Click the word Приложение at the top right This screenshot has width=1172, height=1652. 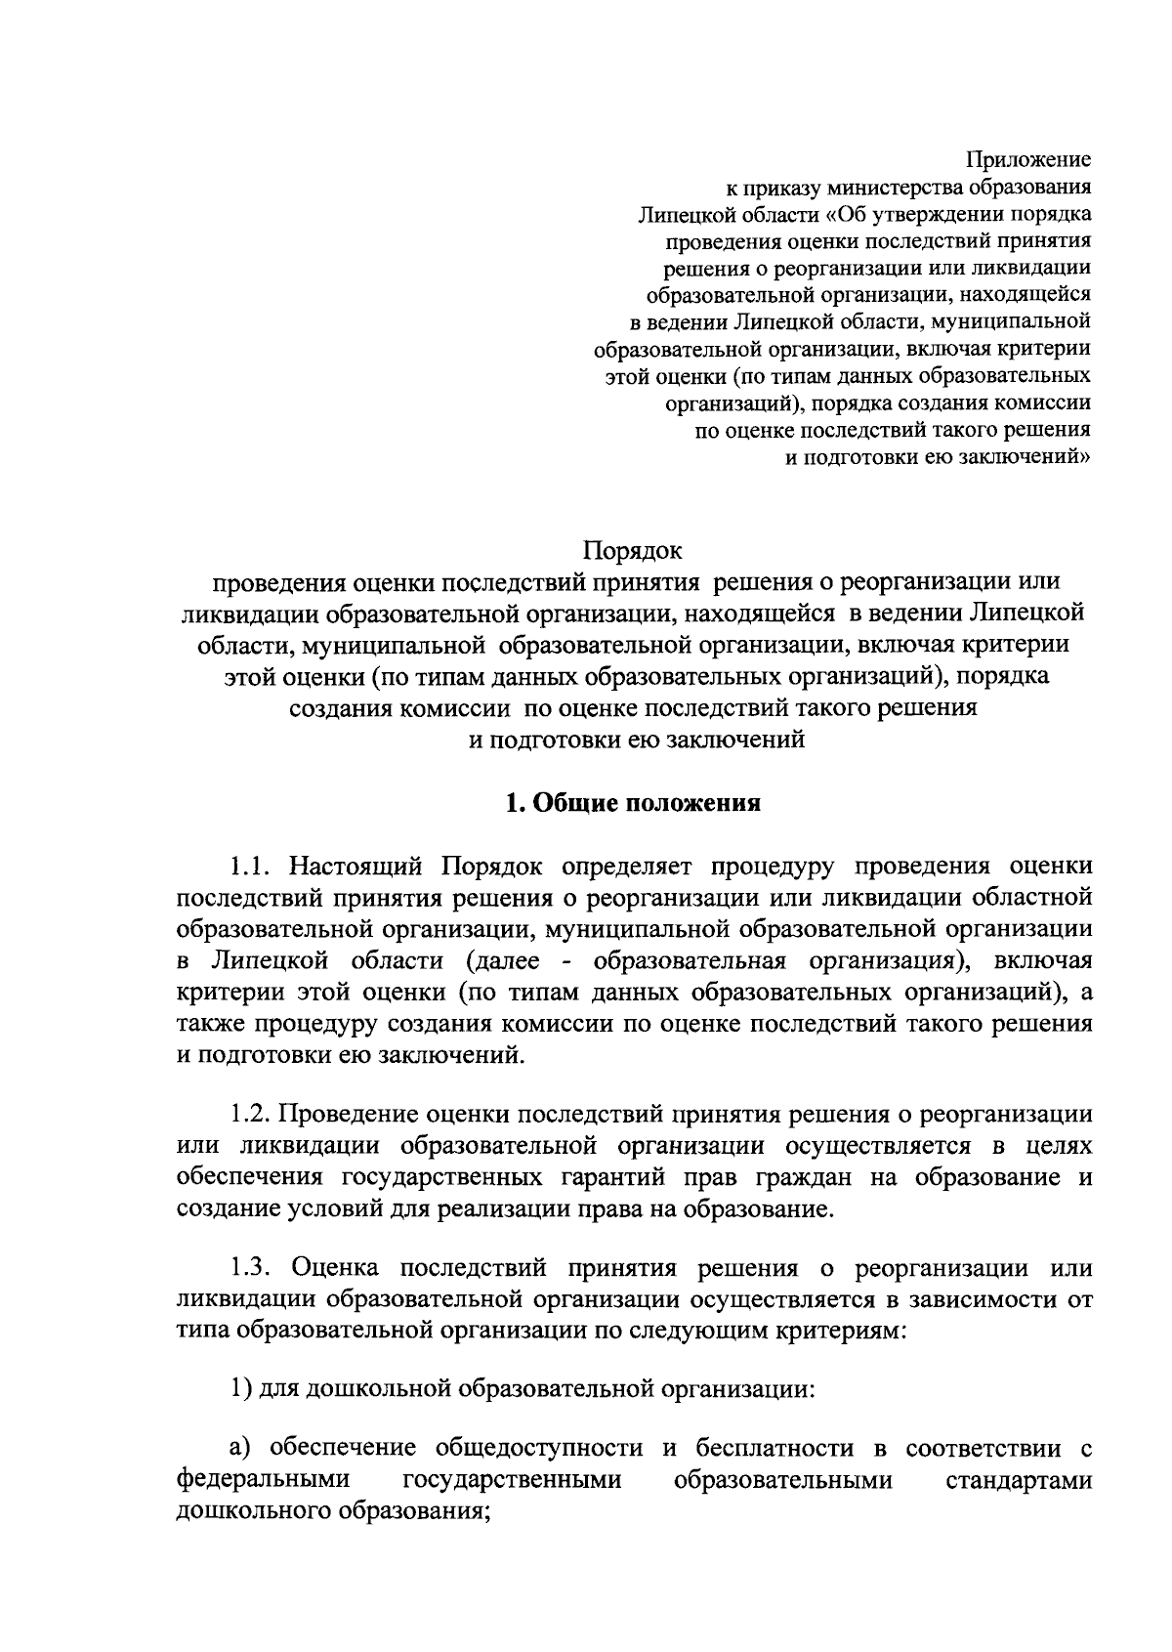coord(1028,159)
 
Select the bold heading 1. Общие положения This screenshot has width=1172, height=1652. coord(632,803)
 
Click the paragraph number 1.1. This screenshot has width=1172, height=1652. coord(255,867)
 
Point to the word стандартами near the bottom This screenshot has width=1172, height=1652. coord(1019,1480)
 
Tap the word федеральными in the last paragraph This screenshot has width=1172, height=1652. coord(264,1480)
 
